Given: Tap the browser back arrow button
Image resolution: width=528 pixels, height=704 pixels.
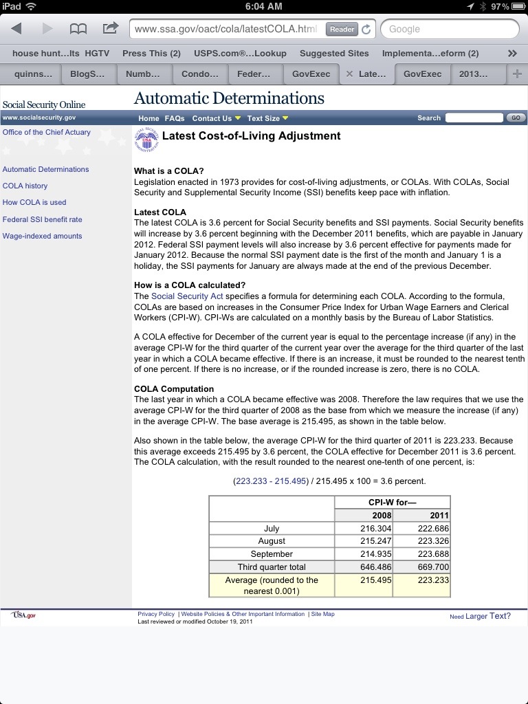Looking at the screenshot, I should pyautogui.click(x=17, y=29).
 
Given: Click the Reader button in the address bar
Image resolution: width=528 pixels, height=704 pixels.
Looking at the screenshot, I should pyautogui.click(x=342, y=29).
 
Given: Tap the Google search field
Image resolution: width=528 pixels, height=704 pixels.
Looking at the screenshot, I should pyautogui.click(x=450, y=29).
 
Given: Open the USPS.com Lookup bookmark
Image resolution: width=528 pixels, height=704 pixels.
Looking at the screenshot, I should pyautogui.click(x=240, y=53).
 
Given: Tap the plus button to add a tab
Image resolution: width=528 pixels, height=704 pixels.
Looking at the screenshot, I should pyautogui.click(x=517, y=74).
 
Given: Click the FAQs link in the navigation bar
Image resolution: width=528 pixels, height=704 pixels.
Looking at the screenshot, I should pyautogui.click(x=175, y=118).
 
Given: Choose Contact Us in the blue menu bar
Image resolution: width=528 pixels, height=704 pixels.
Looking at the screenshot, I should pyautogui.click(x=212, y=118).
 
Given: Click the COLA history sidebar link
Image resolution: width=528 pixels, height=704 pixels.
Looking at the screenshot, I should pyautogui.click(x=25, y=186).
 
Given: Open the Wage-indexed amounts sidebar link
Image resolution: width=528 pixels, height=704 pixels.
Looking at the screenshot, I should pyautogui.click(x=42, y=236).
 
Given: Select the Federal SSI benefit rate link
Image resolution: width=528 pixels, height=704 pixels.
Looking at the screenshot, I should pyautogui.click(x=42, y=219).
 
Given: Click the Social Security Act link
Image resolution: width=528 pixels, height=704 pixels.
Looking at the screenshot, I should pyautogui.click(x=187, y=296).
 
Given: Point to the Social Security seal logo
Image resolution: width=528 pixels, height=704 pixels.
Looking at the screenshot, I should pyautogui.click(x=146, y=140).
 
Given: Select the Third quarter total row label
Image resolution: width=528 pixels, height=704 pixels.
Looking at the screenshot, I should pyautogui.click(x=271, y=567).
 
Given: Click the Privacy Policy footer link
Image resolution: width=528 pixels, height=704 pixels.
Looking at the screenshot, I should pyautogui.click(x=156, y=614).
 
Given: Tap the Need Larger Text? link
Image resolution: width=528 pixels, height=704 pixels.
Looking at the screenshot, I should pyautogui.click(x=480, y=616).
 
